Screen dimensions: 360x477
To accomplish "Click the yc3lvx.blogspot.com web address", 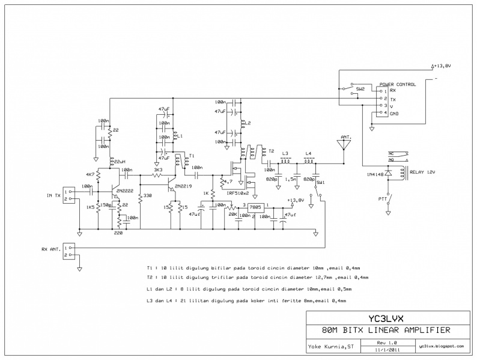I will point(442,346).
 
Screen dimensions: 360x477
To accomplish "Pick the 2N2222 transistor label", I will point(126,191).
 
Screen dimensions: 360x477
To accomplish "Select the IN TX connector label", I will point(53,196).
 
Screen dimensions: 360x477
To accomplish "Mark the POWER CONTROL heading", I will point(398,84).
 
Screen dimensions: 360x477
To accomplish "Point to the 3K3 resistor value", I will point(158,170).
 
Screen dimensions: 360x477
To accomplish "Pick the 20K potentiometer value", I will point(232,213).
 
